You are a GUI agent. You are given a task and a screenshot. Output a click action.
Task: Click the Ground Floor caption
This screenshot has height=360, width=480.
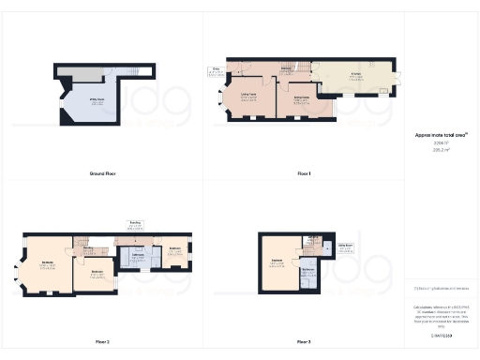(101, 173)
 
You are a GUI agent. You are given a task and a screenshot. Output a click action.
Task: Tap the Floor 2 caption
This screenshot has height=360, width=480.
(101, 342)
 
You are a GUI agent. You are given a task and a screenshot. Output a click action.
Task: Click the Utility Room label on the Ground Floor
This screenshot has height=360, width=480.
(97, 103)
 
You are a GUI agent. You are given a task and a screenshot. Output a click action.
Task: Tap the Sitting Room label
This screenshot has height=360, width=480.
(303, 97)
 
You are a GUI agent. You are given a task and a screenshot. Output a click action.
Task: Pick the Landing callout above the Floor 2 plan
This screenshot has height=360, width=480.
(135, 224)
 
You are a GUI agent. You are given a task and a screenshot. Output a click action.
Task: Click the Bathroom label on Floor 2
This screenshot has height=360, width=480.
(136, 255)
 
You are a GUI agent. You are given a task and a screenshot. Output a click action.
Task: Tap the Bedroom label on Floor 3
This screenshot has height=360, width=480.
(277, 259)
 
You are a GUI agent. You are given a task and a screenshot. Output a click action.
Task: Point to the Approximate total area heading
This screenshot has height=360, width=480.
(441, 135)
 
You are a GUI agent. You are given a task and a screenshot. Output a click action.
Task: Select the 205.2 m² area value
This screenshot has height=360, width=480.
(441, 149)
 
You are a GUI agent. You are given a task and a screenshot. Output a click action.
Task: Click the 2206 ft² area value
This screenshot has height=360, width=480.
(441, 143)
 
